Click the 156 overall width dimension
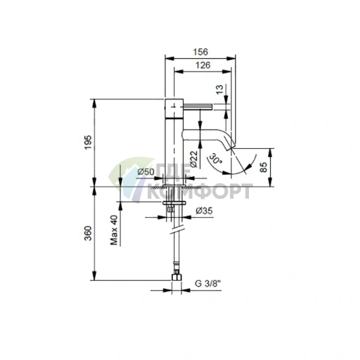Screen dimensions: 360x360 click(200, 52)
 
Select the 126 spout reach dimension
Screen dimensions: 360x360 click(202, 65)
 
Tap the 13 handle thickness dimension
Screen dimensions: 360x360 click(219, 89)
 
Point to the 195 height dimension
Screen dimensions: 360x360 click(88, 142)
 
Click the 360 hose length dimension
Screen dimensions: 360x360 click(88, 233)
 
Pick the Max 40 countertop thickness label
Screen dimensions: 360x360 click(114, 230)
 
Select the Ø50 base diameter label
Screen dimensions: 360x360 click(146, 172)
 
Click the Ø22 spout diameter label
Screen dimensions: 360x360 click(194, 159)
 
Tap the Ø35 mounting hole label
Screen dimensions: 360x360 click(204, 211)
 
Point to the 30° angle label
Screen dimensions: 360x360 click(216, 158)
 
